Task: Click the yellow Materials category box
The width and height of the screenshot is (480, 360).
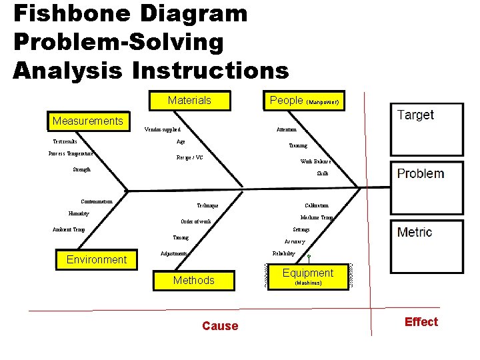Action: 189,101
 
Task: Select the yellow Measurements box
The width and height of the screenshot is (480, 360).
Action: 87,121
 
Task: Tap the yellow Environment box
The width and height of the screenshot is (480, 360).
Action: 97,259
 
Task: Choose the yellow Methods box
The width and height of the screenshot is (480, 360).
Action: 193,280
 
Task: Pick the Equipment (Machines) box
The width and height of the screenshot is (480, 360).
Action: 307,276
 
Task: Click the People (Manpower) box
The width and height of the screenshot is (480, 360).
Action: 304,101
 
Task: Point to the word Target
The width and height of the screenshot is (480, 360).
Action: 415,115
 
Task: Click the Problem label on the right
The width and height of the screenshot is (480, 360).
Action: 420,173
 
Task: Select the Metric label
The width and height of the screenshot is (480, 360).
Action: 415,232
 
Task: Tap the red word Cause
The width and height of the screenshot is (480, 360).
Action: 220,326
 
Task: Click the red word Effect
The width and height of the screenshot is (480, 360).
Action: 421,322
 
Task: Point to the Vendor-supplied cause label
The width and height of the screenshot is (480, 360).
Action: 163,129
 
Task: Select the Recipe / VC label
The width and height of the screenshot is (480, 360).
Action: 189,158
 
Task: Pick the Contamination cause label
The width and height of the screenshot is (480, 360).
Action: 97,201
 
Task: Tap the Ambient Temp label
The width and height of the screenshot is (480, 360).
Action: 69,229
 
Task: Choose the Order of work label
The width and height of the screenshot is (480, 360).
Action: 196,221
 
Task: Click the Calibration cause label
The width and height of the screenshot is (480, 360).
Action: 317,206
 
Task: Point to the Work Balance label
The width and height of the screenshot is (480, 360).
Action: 315,161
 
